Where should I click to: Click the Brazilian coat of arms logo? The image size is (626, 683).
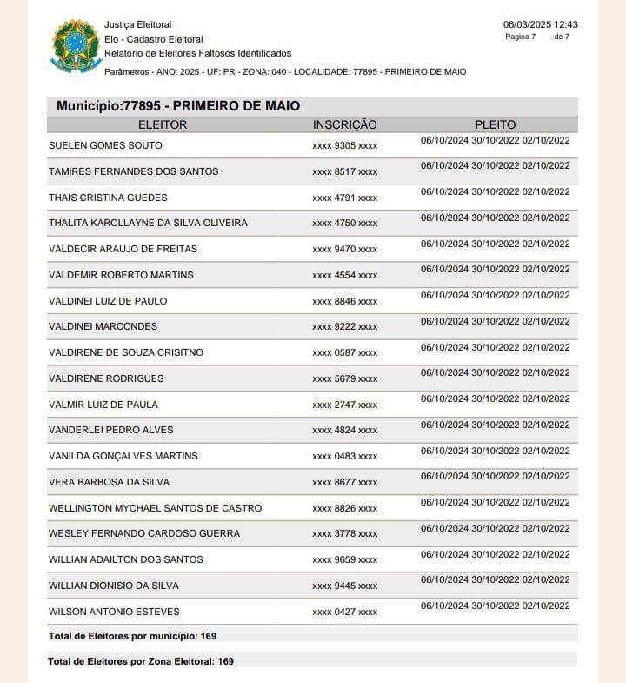pyautogui.click(x=76, y=45)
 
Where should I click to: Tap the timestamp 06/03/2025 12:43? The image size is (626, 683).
pyautogui.click(x=540, y=24)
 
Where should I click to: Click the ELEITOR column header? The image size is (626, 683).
pyautogui.click(x=163, y=124)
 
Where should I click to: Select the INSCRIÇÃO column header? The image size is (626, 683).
pyautogui.click(x=345, y=124)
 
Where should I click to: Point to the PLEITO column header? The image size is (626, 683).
pyautogui.click(x=496, y=124)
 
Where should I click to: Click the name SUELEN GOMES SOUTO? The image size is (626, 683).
pyautogui.click(x=105, y=145)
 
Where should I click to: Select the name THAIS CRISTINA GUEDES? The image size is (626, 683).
pyautogui.click(x=108, y=198)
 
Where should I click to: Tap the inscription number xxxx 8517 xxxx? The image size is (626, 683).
pyautogui.click(x=345, y=172)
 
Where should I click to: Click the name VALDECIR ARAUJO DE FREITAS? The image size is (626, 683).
pyautogui.click(x=123, y=249)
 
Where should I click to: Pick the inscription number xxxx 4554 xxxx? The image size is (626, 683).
pyautogui.click(x=345, y=276)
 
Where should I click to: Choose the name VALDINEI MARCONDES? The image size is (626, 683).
pyautogui.click(x=103, y=326)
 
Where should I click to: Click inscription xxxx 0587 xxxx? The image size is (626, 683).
pyautogui.click(x=345, y=353)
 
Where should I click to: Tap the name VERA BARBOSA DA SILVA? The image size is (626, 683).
pyautogui.click(x=109, y=482)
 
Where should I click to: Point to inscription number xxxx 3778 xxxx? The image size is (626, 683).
pyautogui.click(x=345, y=534)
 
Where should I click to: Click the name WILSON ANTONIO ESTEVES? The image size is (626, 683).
pyautogui.click(x=108, y=612)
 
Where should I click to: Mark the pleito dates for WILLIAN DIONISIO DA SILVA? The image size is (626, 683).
pyautogui.click(x=495, y=580)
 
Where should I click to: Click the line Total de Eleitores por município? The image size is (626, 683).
pyautogui.click(x=132, y=636)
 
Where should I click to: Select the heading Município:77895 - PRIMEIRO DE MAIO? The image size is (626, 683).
pyautogui.click(x=178, y=106)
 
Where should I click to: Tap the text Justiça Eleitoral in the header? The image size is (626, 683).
pyautogui.click(x=137, y=24)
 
